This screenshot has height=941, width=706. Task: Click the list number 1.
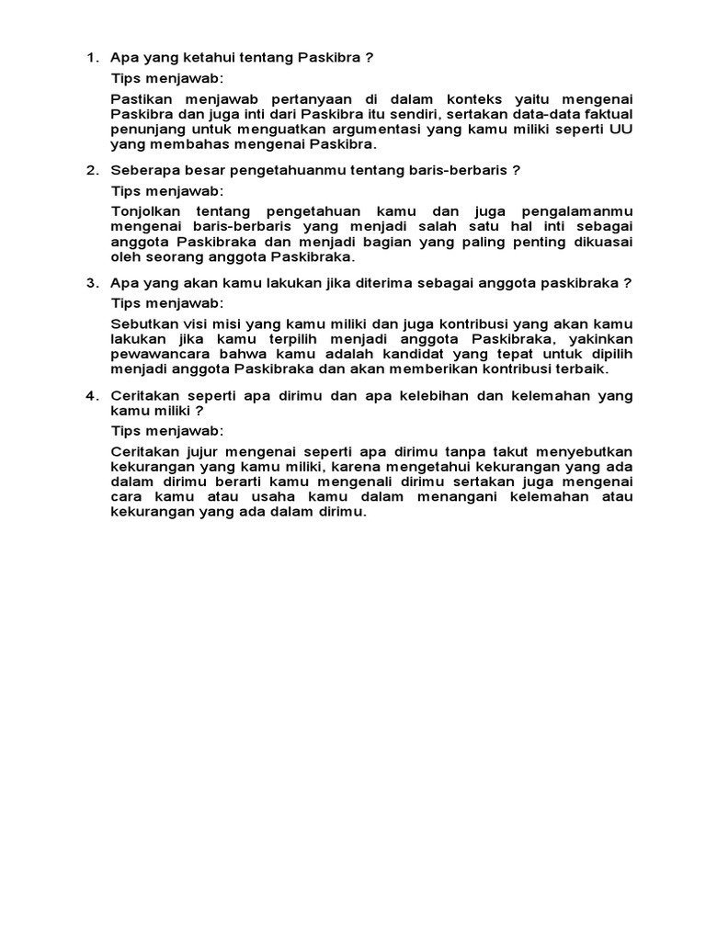coord(91,58)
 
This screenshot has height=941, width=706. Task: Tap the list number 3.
coord(91,283)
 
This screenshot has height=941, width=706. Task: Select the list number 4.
coord(91,395)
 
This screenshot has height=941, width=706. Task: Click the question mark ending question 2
coord(517,170)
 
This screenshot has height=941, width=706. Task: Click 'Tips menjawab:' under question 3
coord(166,302)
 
